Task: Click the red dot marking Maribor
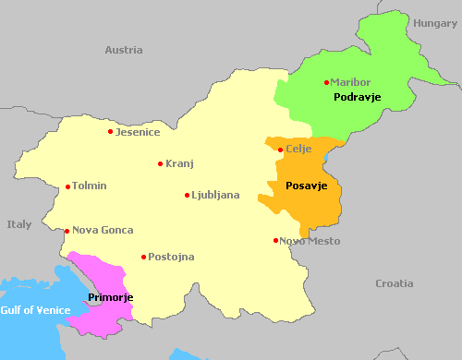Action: (x=326, y=83)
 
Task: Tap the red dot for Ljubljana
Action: (x=187, y=196)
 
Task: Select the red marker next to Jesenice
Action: (x=111, y=132)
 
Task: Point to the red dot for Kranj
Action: (x=160, y=164)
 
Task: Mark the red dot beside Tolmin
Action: (x=67, y=186)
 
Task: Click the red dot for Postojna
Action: (x=143, y=258)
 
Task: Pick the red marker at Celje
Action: (x=281, y=150)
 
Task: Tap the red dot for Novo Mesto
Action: (x=275, y=241)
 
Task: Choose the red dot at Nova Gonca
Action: (x=67, y=231)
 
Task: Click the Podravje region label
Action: (x=358, y=97)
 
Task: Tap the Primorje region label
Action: (x=111, y=297)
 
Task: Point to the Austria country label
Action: (x=124, y=50)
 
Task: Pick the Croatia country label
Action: (x=395, y=283)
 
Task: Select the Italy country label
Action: (x=18, y=224)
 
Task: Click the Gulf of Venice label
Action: (x=34, y=310)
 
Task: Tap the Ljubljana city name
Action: (x=215, y=196)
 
